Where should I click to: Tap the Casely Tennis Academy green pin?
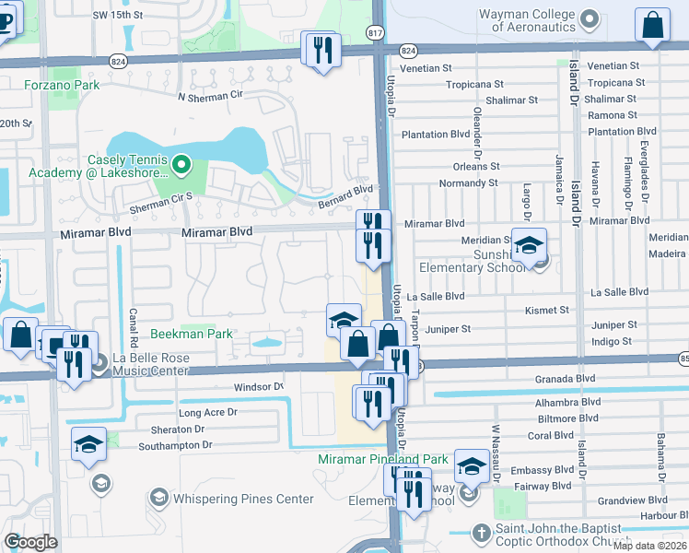point(182,166)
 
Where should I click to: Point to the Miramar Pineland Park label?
point(382,459)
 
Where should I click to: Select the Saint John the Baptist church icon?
point(479,533)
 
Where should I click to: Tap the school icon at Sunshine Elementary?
point(529,246)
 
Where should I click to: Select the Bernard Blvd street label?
point(346,189)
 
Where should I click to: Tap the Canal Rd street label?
point(134,322)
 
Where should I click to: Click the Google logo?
point(30,542)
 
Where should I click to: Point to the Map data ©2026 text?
point(649,545)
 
